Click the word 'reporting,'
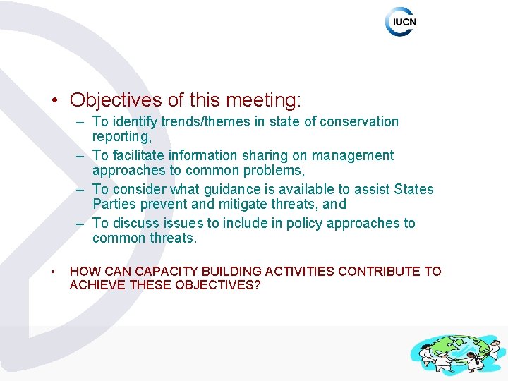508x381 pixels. click(x=121, y=137)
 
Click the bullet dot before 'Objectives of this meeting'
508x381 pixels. click(x=55, y=101)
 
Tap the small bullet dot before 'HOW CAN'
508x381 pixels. click(x=53, y=272)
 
